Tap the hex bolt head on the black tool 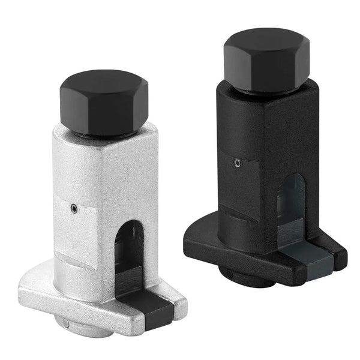(x=265, y=58)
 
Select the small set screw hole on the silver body (x=73, y=209)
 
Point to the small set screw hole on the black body (x=238, y=162)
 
